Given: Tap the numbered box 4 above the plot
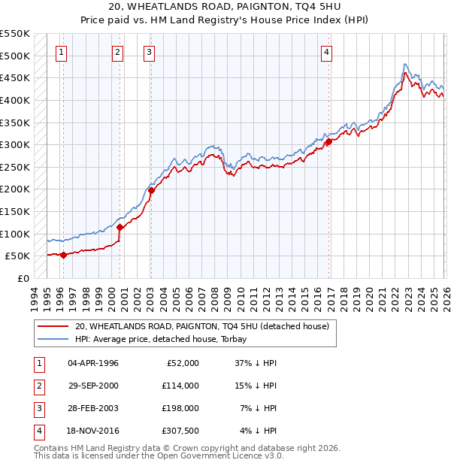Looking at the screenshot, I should point(328,52).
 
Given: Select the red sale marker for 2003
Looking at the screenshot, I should point(151,190).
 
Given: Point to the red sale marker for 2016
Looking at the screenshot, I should point(328,141).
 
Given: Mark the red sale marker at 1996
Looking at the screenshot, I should point(63,255).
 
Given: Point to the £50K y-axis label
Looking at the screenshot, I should point(17,256).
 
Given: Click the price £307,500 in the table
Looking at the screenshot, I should point(180,431).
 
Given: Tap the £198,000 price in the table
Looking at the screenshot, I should point(180,408).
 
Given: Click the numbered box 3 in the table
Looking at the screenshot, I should point(38,408).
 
